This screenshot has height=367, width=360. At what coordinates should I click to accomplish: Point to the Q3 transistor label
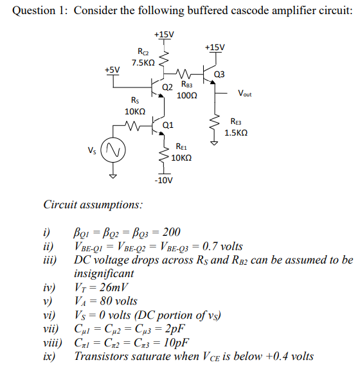point(219,74)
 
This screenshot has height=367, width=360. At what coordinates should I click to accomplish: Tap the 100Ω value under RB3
point(186,95)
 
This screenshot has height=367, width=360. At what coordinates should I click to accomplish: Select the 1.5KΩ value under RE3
point(236,133)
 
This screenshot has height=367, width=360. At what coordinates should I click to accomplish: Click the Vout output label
point(244,94)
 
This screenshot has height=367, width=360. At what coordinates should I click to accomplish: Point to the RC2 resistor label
point(144,51)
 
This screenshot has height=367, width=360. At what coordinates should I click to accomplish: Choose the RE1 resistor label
point(181,147)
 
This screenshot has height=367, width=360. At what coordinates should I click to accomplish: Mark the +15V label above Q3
point(215,47)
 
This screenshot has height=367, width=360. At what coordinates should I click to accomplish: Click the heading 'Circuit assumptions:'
point(93,205)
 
